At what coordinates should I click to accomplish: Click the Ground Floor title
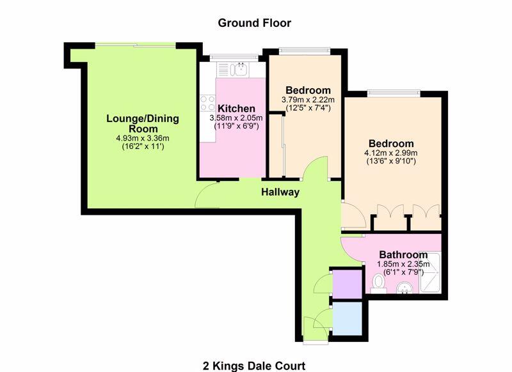coord(255,23)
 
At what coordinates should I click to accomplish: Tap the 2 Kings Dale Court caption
coord(255,366)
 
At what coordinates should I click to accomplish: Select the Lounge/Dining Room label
coord(142,123)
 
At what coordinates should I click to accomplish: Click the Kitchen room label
coord(236,109)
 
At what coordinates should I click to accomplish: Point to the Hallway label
coord(280,192)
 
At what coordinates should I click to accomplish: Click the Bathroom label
coord(403,254)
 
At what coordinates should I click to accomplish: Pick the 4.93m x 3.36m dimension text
coord(142,138)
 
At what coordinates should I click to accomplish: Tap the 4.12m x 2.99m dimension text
coord(390,153)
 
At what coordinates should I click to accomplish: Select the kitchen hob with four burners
coord(207,103)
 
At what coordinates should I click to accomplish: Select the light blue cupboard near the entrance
coord(347,318)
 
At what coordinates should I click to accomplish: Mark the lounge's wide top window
coord(135,44)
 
